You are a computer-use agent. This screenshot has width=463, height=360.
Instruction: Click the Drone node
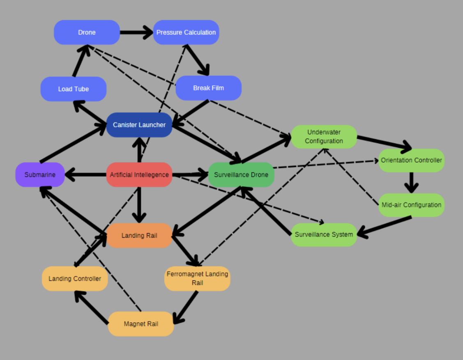87,32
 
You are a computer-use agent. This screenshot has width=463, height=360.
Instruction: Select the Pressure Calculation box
186,32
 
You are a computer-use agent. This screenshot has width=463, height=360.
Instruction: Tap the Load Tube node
74,89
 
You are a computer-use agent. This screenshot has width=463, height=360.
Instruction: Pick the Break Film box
208,88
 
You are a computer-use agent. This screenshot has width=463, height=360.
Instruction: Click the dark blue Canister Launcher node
139,125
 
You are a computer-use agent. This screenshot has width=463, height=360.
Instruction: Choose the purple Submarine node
40,175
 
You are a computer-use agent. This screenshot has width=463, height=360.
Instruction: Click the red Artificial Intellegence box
139,175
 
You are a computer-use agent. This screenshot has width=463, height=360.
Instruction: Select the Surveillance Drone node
241,175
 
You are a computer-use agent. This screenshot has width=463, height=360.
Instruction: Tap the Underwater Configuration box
324,137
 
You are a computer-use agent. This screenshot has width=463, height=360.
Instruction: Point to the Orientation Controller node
411,160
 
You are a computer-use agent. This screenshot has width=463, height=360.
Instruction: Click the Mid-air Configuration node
411,205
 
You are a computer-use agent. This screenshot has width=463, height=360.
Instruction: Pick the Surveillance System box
324,235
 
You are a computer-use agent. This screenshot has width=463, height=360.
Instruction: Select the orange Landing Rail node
139,236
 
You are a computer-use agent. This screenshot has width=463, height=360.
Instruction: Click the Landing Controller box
75,279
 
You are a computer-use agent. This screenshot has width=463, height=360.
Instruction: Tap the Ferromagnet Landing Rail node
197,278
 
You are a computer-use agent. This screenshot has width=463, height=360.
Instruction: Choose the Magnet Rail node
141,324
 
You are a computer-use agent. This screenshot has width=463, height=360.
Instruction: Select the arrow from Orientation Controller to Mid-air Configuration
411,182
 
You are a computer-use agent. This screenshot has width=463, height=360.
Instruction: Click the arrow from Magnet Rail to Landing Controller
92,307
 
